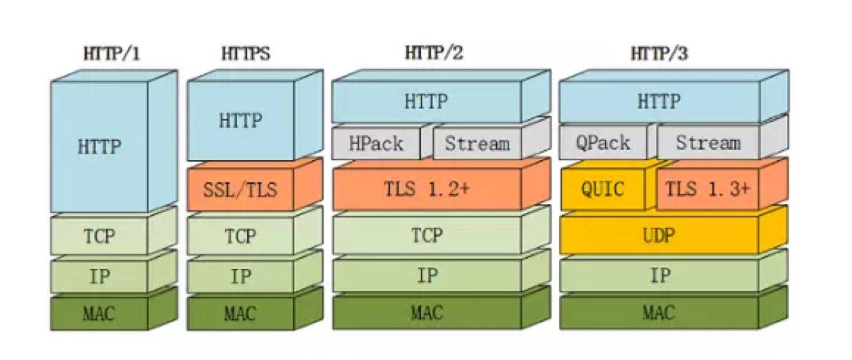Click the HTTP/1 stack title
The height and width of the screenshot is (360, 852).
(x=111, y=55)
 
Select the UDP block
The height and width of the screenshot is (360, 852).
(x=658, y=235)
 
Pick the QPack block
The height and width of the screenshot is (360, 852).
(x=603, y=143)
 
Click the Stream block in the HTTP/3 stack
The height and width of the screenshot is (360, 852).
(x=707, y=143)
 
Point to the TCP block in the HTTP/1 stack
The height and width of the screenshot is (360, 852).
(x=99, y=235)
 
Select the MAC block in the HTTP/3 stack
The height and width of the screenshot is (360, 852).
(x=658, y=314)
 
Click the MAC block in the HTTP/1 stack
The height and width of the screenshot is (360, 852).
(x=99, y=314)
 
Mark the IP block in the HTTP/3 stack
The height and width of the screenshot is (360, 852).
(x=658, y=277)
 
